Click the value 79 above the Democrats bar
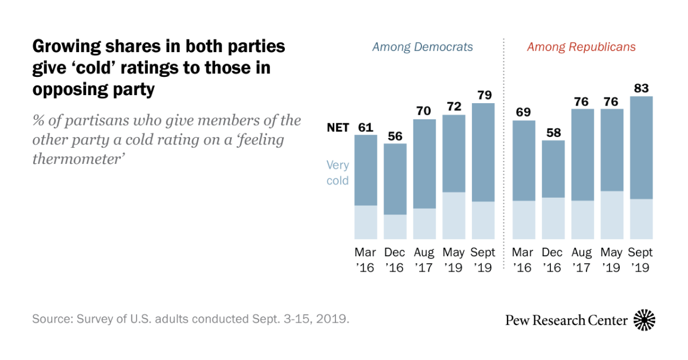[x=483, y=94]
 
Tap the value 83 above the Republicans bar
[x=641, y=87]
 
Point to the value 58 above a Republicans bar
[x=553, y=131]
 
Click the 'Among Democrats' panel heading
[x=423, y=47]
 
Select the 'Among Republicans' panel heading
[x=581, y=47]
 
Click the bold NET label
[x=338, y=128]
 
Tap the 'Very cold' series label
[x=338, y=173]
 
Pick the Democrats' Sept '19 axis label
[x=483, y=260]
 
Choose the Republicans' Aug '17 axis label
[x=583, y=260]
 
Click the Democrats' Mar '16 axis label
[x=366, y=260]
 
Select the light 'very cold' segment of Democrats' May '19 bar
[x=454, y=216]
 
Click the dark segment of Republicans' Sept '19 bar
[x=641, y=147]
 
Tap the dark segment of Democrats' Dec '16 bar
[x=395, y=179]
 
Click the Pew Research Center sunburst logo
[x=645, y=320]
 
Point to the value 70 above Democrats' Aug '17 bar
[x=424, y=110]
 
